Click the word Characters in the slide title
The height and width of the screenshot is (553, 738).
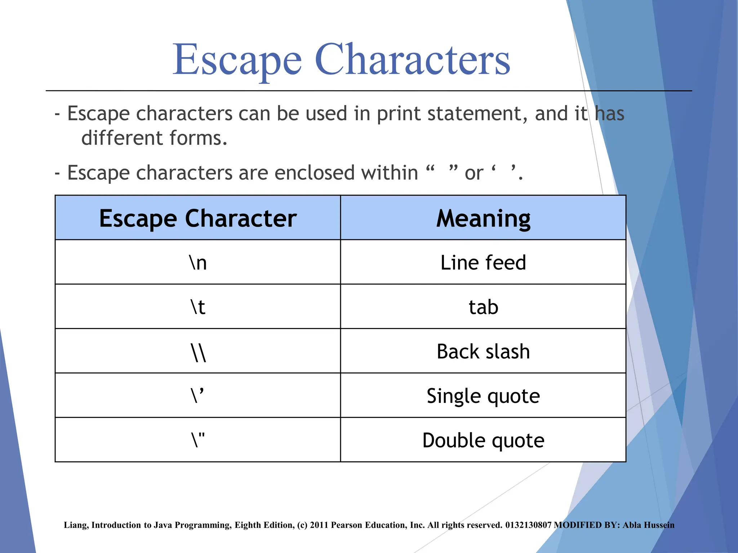click(412, 59)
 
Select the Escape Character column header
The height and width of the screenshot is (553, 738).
click(198, 218)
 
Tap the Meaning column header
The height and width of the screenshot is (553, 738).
click(483, 218)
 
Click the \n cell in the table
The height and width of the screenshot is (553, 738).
click(198, 262)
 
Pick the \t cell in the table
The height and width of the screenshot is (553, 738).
click(198, 307)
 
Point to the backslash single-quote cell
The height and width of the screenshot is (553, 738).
click(198, 396)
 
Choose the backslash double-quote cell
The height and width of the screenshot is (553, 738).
click(198, 440)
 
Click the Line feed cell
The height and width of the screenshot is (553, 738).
click(483, 262)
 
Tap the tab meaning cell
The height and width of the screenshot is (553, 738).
click(483, 307)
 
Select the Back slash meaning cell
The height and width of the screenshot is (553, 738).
click(483, 351)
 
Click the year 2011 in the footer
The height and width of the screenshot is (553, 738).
click(319, 525)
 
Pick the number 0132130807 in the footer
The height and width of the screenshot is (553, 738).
click(528, 525)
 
